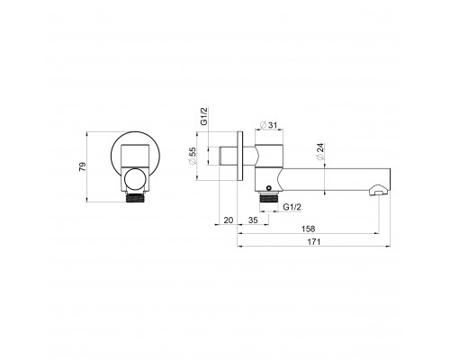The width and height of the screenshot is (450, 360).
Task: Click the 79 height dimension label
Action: click(x=82, y=166)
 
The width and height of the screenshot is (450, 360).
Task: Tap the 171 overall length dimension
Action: click(x=314, y=241)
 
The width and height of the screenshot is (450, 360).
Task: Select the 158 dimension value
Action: click(x=308, y=229)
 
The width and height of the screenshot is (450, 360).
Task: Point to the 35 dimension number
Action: click(x=253, y=220)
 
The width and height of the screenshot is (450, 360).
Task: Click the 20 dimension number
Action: click(x=229, y=220)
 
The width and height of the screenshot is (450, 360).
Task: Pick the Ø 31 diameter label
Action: click(x=269, y=125)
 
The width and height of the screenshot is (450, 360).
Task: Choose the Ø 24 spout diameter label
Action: click(x=320, y=151)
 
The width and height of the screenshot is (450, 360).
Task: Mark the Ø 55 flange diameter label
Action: click(x=192, y=156)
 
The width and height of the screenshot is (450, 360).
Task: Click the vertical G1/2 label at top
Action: click(x=204, y=116)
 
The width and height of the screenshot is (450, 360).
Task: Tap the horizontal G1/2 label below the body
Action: click(x=292, y=207)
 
